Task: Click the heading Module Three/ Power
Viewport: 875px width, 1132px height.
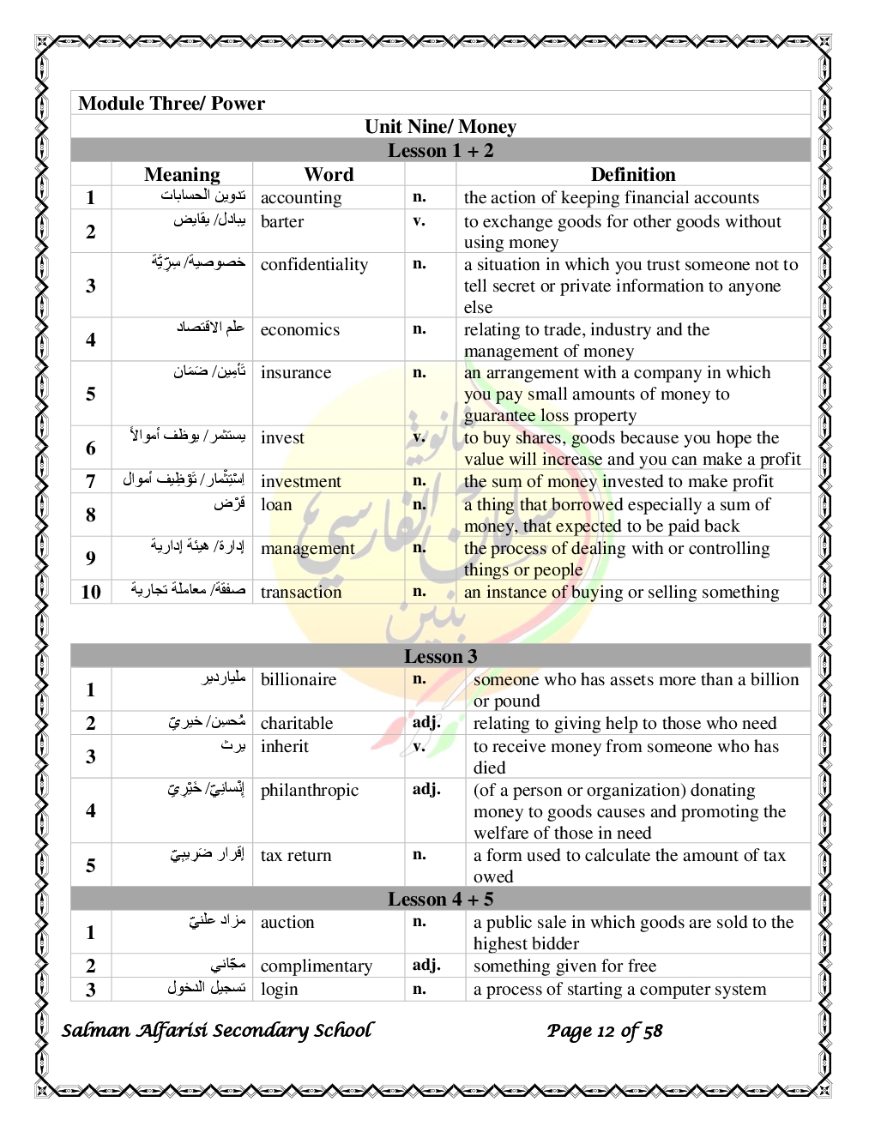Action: point(172,104)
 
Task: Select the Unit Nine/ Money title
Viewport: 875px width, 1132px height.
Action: point(440,127)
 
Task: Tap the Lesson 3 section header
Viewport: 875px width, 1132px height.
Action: point(440,656)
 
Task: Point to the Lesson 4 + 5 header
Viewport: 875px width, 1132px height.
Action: point(440,899)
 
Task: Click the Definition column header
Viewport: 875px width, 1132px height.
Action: point(633,174)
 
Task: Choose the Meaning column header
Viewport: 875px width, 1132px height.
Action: point(182,174)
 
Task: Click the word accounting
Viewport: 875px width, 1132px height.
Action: point(301,198)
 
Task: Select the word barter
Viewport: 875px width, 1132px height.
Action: point(282,222)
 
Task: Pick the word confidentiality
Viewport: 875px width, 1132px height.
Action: point(314,265)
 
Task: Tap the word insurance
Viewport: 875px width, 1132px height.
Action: point(296,373)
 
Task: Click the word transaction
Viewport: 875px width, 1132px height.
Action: point(301,593)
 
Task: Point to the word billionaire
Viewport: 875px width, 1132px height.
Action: point(299,680)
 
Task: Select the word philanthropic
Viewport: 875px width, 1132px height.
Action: point(310,791)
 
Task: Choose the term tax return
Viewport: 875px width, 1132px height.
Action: point(296,856)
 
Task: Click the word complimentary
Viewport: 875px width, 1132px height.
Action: point(317,966)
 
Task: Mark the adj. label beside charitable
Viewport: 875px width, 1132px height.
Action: point(426,722)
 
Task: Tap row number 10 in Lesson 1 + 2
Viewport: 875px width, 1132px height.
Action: point(91,593)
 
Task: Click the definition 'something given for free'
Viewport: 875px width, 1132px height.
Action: point(564,966)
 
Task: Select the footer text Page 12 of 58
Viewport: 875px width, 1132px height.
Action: point(605,1031)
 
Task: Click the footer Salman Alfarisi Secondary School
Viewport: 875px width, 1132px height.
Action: point(218,1031)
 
